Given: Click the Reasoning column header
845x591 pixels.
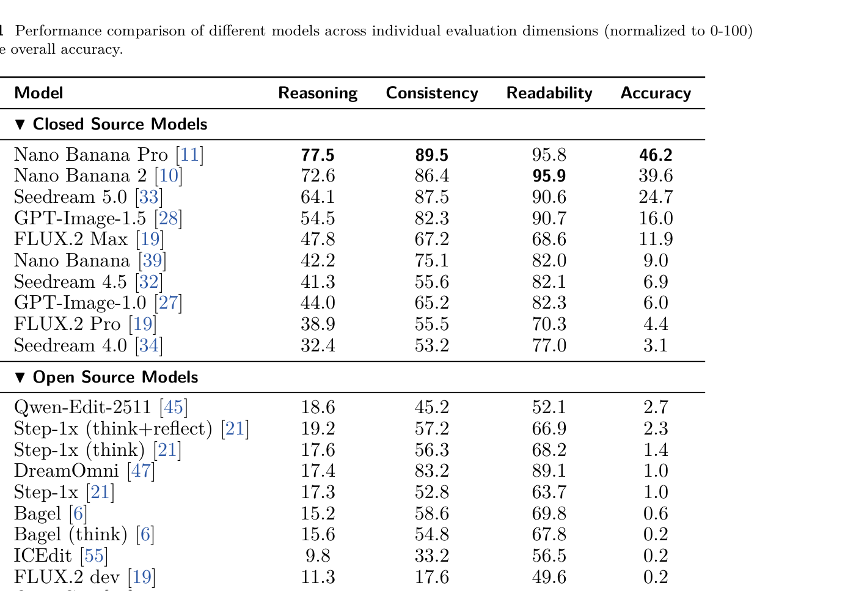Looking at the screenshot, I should coord(318,93).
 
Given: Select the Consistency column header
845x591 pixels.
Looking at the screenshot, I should coord(432,93).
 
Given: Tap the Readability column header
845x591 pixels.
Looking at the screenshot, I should coord(549,93).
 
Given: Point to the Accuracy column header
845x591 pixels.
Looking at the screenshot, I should coord(656,93).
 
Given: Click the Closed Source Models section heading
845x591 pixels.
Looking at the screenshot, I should coord(120,124).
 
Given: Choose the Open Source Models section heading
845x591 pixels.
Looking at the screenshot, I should coord(115,377).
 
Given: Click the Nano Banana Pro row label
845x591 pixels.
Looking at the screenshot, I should coord(90,155).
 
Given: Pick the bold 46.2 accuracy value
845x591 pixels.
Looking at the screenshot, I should coord(656,155).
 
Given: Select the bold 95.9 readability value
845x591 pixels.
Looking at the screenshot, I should coord(549,176).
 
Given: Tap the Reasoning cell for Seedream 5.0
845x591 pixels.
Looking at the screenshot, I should coord(318,197).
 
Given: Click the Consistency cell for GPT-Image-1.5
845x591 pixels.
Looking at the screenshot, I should coord(432,218).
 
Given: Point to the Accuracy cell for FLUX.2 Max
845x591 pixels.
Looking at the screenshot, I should coord(656,240).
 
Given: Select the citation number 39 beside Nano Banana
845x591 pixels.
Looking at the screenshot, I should coord(152,261).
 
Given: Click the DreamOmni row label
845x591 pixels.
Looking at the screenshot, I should coord(66,471).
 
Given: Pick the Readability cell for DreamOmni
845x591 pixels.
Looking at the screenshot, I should coord(549,471).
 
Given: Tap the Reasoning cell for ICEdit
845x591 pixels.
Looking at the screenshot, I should coord(318,556).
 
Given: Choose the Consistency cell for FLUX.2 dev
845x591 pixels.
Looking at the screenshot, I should coord(432,577).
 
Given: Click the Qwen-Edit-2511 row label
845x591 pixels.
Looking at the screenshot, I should coord(82,408).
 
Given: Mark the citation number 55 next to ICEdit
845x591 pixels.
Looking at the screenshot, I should coord(94,556).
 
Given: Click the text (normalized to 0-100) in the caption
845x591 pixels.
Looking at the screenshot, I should coord(678,31).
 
